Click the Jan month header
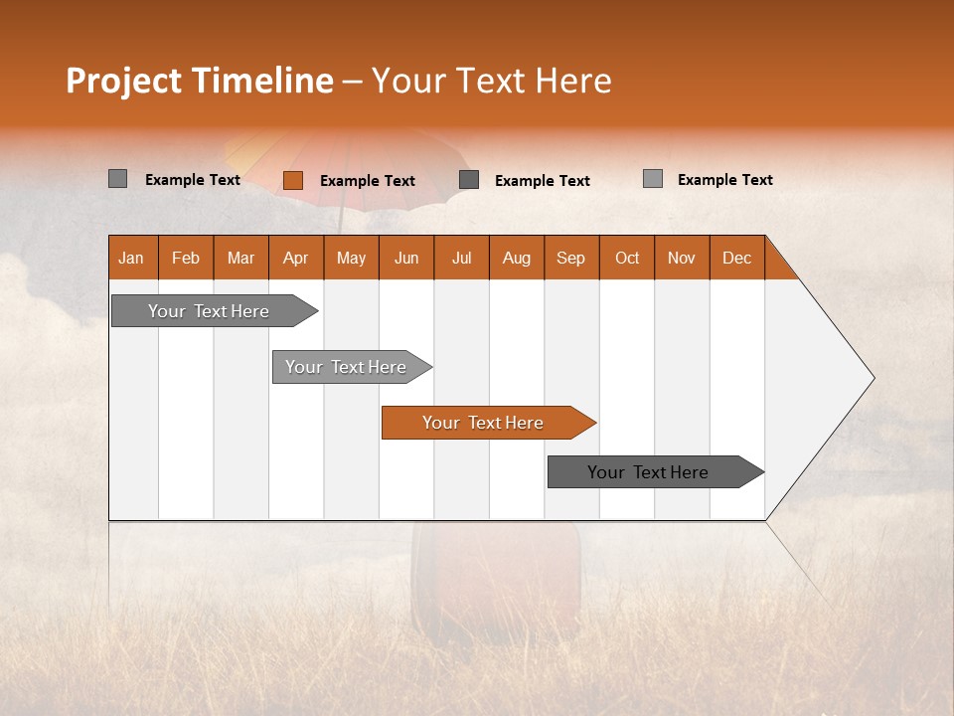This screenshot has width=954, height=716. pyautogui.click(x=131, y=258)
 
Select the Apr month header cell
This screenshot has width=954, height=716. pyautogui.click(x=296, y=258)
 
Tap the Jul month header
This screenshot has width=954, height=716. pyautogui.click(x=461, y=258)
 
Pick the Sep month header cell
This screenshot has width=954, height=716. pyautogui.click(x=570, y=258)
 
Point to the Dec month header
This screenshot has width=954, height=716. pyautogui.click(x=736, y=258)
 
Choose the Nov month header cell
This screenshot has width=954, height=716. pyautogui.click(x=681, y=258)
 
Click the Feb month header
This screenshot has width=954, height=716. pyautogui.click(x=186, y=258)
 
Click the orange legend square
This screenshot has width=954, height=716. pyautogui.click(x=292, y=180)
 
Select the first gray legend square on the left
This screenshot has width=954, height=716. pyautogui.click(x=117, y=179)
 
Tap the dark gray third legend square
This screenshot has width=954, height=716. pyautogui.click(x=469, y=179)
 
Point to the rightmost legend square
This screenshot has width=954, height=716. pyautogui.click(x=652, y=179)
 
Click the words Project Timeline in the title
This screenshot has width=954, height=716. pyautogui.click(x=199, y=81)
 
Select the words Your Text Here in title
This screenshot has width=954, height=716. pyautogui.click(x=491, y=81)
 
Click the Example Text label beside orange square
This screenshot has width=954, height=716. pyautogui.click(x=367, y=181)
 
